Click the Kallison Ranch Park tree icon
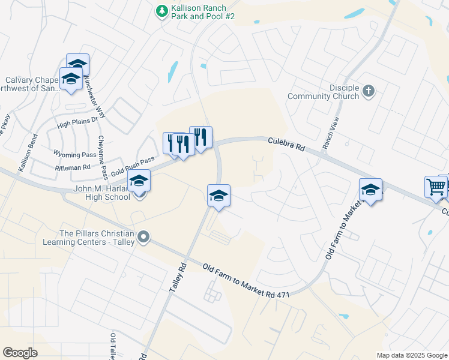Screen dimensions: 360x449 161,11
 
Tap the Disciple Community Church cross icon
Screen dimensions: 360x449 369,91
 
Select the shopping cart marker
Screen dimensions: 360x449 435,187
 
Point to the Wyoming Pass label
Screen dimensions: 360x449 74,154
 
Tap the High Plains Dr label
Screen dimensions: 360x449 76,123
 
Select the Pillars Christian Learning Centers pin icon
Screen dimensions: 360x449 143,238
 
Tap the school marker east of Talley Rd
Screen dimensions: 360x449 218,196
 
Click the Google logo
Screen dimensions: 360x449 20,353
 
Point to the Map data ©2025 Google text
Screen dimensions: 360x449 411,355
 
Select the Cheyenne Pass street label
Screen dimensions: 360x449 103,158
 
